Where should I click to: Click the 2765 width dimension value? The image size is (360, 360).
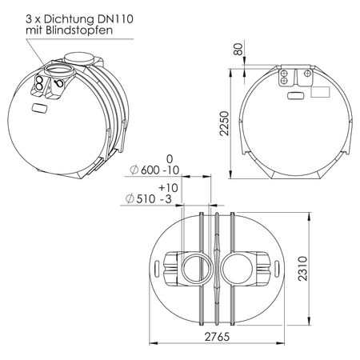pos(217,337)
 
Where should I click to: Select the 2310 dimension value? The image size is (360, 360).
pos(302,268)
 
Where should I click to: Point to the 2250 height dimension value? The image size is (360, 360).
pos(224,123)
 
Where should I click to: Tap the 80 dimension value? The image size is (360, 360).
pos(238,49)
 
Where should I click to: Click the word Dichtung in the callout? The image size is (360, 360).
pos(69,19)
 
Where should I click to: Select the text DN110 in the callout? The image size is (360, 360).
pos(115,19)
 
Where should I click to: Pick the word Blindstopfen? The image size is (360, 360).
pos(79,30)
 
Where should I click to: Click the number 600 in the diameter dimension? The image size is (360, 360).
pos(150,170)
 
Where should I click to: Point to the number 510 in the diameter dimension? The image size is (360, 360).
pos(146,199)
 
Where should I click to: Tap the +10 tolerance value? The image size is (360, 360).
pos(168,188)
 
